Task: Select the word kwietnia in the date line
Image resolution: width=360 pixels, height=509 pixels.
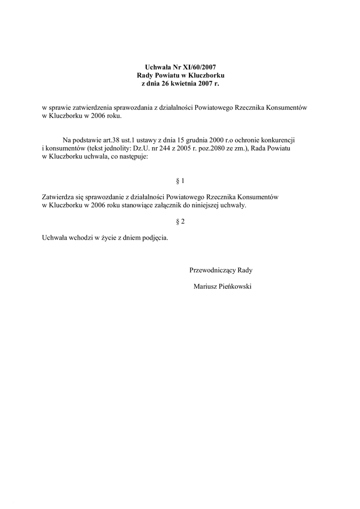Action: click(x=185, y=84)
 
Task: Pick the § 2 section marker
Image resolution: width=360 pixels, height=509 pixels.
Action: click(x=180, y=222)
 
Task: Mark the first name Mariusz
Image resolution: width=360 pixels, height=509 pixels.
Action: click(x=204, y=286)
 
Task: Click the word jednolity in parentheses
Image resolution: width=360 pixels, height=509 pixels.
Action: click(x=112, y=149)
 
